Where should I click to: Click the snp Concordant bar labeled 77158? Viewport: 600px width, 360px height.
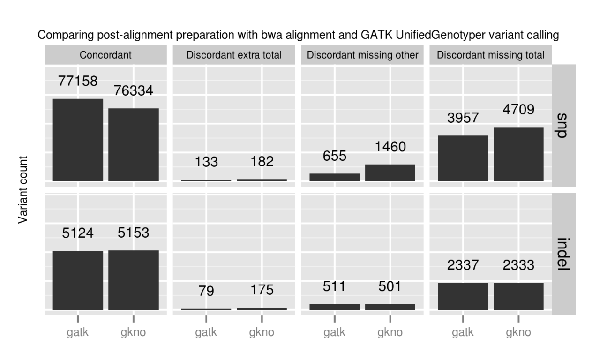(x=78, y=140)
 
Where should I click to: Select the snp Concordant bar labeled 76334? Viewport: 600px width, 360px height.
(x=134, y=144)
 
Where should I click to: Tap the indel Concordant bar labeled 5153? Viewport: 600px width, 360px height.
(x=134, y=280)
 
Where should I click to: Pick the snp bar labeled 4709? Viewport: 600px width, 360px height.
(x=518, y=154)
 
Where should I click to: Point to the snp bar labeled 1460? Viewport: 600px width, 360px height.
(x=390, y=172)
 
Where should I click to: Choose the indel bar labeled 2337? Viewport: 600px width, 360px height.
(x=463, y=296)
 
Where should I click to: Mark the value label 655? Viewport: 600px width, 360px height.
(x=335, y=156)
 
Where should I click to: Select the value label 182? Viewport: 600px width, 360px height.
(x=262, y=162)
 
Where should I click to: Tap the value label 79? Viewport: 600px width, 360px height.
(x=206, y=291)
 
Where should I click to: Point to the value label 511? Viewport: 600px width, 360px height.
(x=335, y=286)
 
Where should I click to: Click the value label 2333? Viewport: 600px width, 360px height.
(x=518, y=266)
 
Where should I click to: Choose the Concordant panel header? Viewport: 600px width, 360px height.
(x=105, y=55)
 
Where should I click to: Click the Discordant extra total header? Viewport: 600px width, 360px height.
(x=234, y=55)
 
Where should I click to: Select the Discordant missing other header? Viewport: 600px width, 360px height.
(x=362, y=55)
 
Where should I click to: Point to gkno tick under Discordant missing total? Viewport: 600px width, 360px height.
(x=518, y=333)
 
